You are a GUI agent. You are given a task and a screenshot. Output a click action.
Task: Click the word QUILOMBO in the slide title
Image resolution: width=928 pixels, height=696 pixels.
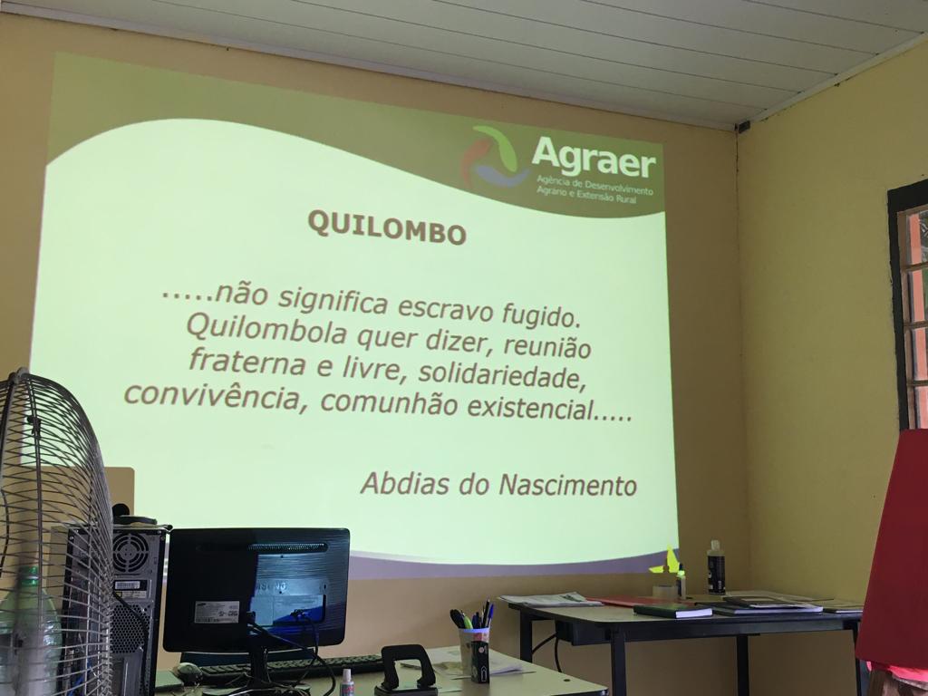387,227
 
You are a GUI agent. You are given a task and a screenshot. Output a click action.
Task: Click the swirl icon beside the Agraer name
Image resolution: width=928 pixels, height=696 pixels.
493,156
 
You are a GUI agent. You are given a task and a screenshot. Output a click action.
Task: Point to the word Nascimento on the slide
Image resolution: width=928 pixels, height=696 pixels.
567,486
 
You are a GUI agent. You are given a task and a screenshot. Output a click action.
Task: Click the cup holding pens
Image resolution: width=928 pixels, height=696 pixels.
474,653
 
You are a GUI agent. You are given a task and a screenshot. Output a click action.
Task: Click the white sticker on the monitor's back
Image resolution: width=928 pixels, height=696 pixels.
217,611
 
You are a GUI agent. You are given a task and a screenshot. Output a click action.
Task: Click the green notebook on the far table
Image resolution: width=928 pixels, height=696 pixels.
672,610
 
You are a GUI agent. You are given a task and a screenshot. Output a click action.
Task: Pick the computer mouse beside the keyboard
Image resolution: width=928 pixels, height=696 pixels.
188,671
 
